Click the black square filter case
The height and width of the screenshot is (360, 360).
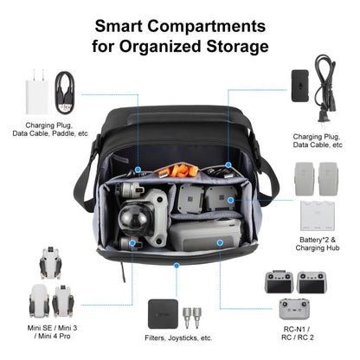(162, 313)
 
